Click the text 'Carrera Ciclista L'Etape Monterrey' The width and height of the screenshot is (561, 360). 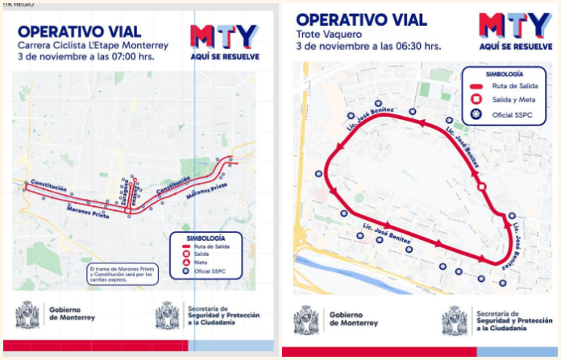point(93,46)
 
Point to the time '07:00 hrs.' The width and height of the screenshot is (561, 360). point(144,58)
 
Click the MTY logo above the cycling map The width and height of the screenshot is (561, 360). point(223,35)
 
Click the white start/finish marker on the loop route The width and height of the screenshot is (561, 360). point(481,187)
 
